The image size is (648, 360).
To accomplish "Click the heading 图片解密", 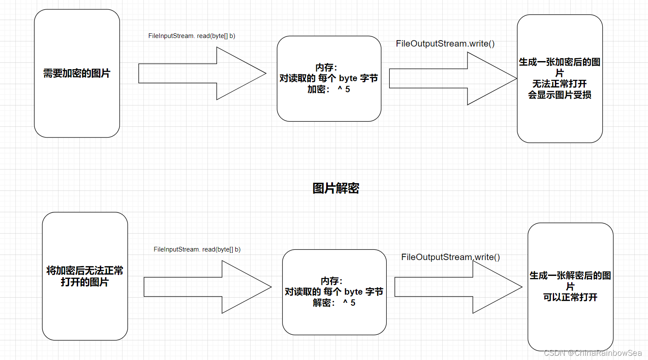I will (336, 188).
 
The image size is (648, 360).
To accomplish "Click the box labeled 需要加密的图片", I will (77, 73).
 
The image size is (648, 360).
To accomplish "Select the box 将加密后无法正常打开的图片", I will (85, 276).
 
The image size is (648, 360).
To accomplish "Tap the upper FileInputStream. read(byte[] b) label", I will (192, 36).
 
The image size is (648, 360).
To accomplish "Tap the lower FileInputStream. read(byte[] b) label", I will (197, 249).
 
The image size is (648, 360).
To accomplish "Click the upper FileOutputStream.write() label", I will (445, 44).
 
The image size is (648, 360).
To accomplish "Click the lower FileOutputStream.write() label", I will (450, 257).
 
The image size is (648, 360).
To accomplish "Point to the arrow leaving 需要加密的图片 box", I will (201, 73).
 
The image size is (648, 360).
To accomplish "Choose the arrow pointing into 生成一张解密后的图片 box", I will (457, 287).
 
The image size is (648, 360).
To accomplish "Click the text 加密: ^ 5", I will (329, 89).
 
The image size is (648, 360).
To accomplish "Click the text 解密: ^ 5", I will (334, 303).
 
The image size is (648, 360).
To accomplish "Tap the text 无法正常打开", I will (559, 84).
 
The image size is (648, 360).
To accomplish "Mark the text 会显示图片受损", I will (559, 95).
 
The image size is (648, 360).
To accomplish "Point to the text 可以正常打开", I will (570, 297).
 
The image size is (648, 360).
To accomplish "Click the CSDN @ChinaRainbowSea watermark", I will (593, 353).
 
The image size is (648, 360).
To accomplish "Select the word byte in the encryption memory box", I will (348, 78).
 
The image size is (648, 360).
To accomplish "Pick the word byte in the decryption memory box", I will (353, 292).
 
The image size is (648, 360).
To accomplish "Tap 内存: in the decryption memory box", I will (332, 281).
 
